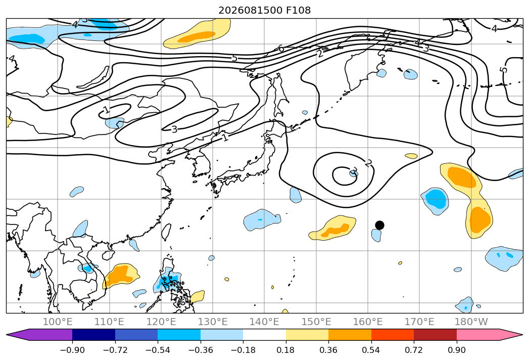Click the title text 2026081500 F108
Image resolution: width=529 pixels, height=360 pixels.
click(x=265, y=10)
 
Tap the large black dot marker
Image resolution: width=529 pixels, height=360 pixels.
click(x=379, y=226)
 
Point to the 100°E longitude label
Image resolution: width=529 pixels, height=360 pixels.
click(x=58, y=322)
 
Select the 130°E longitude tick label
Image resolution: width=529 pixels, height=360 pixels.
click(x=213, y=322)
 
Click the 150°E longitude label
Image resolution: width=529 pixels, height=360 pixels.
click(x=316, y=322)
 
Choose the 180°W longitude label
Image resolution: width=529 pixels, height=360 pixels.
click(x=471, y=322)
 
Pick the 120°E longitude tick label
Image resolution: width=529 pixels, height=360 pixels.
click(x=161, y=322)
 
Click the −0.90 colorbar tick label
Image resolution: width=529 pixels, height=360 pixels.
click(x=72, y=350)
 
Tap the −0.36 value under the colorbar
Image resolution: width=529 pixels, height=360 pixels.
click(x=201, y=350)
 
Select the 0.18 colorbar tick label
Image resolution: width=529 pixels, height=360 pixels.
click(x=286, y=350)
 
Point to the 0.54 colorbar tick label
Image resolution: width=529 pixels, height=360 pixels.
click(x=371, y=350)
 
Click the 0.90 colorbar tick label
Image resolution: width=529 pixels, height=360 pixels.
click(x=456, y=350)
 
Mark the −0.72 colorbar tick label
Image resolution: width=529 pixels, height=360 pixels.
click(x=115, y=350)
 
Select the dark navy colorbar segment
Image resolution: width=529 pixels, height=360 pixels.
click(x=94, y=335)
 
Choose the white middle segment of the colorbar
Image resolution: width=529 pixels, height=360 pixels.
click(x=265, y=335)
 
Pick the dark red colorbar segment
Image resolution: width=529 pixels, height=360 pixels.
click(x=435, y=335)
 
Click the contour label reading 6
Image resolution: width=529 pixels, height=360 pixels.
click(x=281, y=49)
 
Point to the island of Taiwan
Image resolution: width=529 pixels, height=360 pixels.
click(x=166, y=232)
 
